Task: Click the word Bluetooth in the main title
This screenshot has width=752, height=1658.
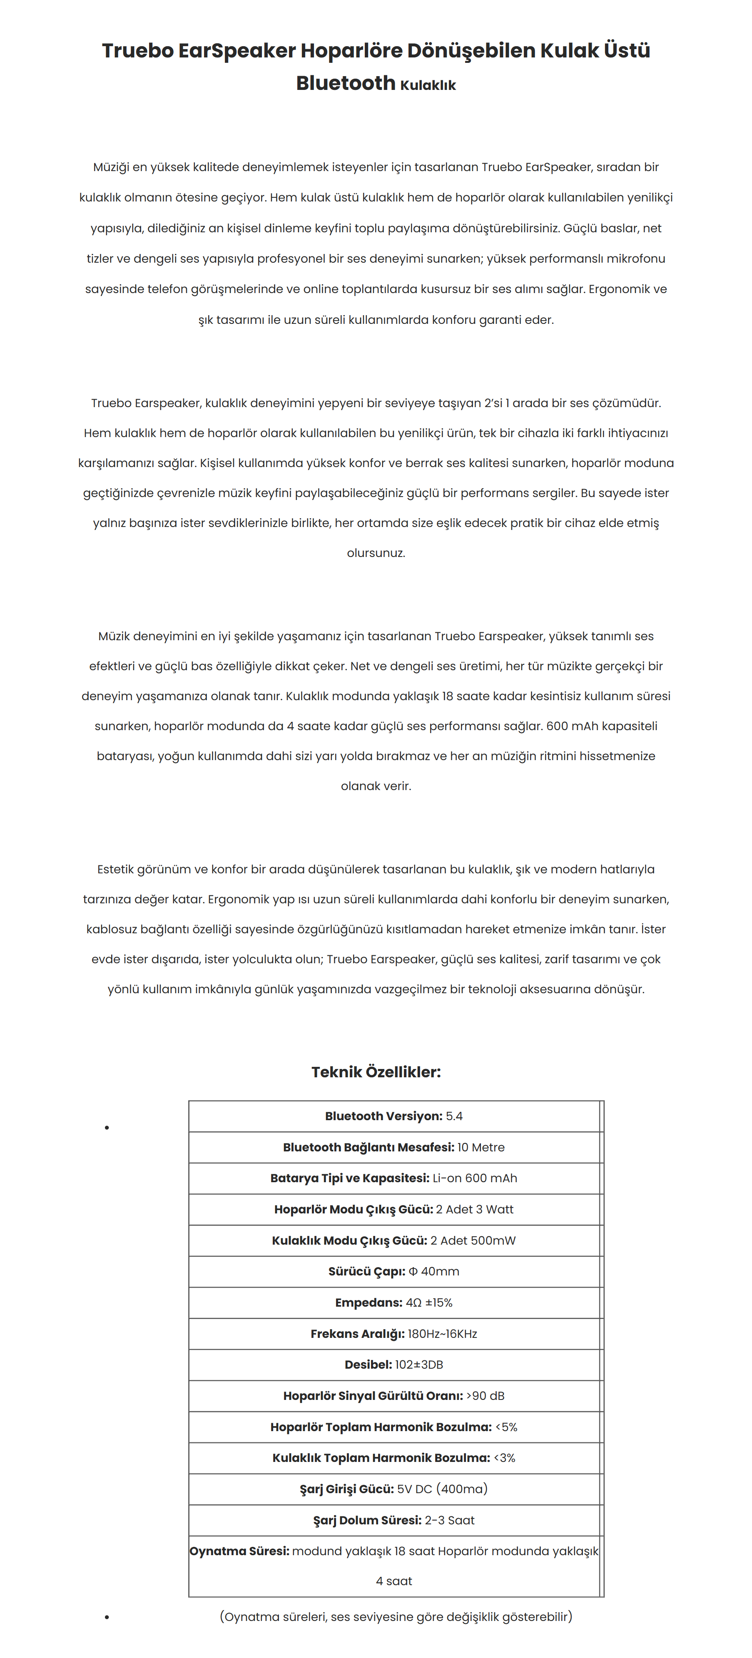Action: point(345,83)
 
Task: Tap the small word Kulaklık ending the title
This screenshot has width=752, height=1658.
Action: point(428,85)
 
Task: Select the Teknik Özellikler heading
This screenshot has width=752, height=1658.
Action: point(376,1071)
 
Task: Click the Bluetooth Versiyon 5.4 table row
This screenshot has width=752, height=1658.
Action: point(393,1116)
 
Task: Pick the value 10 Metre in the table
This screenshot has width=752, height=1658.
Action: point(481,1147)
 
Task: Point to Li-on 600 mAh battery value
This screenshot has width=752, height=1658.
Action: point(475,1178)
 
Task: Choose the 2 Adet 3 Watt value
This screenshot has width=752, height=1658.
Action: point(475,1209)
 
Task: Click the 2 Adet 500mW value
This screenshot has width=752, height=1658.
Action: point(473,1240)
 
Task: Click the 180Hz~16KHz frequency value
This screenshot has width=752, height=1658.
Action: point(442,1334)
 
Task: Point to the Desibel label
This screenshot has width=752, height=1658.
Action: point(368,1365)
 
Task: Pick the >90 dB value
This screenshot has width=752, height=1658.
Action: point(486,1395)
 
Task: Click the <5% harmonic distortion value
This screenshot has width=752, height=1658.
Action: point(506,1427)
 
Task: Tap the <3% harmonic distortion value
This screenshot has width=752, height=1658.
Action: point(505,1458)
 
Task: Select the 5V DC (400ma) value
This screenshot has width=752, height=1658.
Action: point(442,1489)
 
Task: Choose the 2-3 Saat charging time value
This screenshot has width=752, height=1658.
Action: point(449,1520)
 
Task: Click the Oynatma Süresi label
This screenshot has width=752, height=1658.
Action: point(239,1551)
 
